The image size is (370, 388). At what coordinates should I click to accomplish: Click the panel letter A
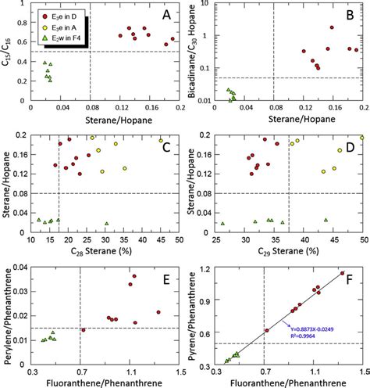coord(165,15)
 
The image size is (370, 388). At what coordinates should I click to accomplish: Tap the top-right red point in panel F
coord(342,273)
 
